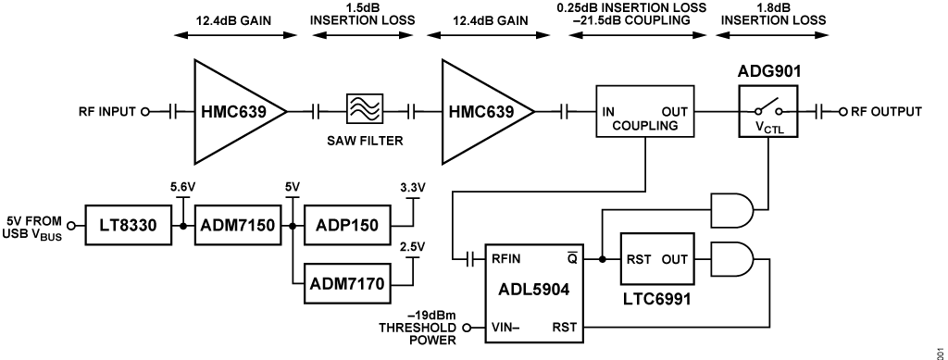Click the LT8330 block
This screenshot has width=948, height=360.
[127, 226]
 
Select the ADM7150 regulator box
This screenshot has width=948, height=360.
[239, 226]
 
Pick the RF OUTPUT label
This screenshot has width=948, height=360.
[885, 112]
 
